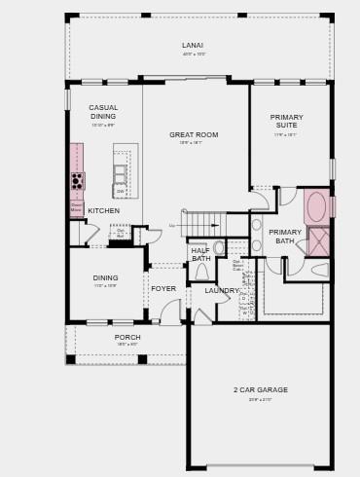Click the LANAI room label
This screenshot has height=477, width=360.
click(x=193, y=45)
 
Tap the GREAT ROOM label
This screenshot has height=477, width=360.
click(x=194, y=134)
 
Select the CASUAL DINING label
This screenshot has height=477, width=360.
click(x=103, y=112)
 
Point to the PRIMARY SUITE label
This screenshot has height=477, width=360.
click(x=286, y=121)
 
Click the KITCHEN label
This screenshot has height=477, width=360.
click(x=104, y=210)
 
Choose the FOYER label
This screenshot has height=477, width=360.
click(x=163, y=288)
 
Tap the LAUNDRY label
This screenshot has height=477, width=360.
click(x=222, y=290)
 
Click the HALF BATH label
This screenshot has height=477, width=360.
click(x=201, y=254)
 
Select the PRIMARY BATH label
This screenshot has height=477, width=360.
click(x=285, y=236)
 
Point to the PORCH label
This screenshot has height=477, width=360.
click(x=127, y=337)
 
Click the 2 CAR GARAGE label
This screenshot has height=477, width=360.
click(x=260, y=389)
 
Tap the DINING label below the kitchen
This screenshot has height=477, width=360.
click(x=105, y=277)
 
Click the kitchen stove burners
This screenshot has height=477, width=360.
click(x=78, y=181)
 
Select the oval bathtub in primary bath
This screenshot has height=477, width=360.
click(x=316, y=206)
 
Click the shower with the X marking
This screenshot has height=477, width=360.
click(x=319, y=241)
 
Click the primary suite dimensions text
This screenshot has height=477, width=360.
click(x=286, y=134)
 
